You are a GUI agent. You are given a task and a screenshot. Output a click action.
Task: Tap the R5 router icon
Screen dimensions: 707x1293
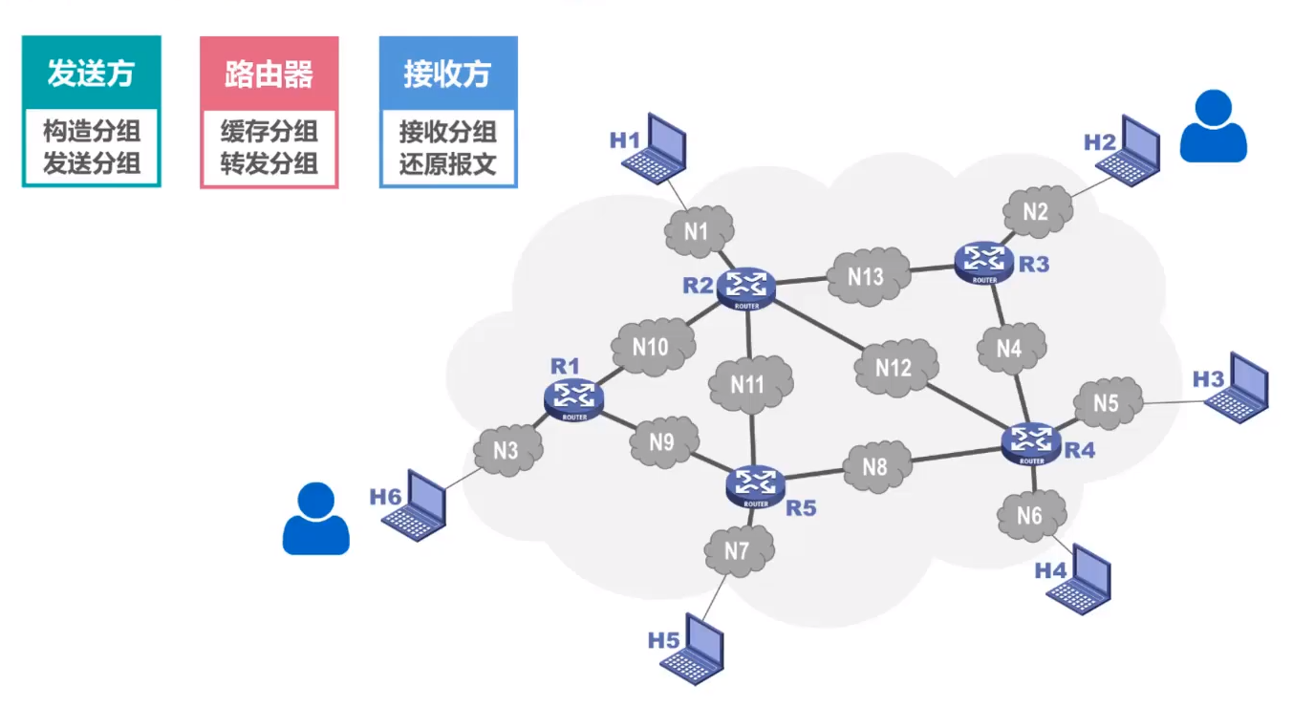click(756, 484)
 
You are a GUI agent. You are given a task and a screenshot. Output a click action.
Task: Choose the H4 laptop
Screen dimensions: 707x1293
click(1081, 579)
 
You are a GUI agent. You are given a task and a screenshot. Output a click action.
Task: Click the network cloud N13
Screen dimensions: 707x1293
click(868, 276)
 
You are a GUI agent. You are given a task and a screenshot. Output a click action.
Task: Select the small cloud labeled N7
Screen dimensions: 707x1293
click(738, 551)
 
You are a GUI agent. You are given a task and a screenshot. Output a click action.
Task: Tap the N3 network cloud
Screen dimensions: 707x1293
click(506, 449)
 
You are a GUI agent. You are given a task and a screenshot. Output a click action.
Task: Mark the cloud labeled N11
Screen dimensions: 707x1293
click(750, 384)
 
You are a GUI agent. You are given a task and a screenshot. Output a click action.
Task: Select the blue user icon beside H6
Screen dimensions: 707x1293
click(315, 519)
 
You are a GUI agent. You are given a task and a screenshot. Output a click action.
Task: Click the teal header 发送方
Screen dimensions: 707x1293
click(92, 74)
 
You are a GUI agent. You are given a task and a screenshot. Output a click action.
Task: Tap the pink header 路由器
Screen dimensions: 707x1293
click(269, 74)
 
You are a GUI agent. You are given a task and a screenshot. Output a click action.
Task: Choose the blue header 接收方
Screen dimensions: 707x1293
click(447, 74)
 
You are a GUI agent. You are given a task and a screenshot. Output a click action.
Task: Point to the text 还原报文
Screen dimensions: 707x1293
click(447, 162)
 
